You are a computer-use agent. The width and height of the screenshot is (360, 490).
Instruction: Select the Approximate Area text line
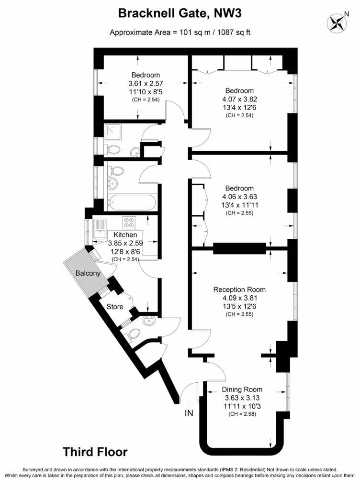[x=180, y=33]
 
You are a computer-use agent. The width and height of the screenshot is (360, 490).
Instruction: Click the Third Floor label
[x=95, y=452]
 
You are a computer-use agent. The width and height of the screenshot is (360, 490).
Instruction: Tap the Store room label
[x=115, y=306]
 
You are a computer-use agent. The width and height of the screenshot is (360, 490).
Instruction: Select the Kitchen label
[x=125, y=235]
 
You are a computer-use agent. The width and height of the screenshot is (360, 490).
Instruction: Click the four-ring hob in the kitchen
[x=129, y=222]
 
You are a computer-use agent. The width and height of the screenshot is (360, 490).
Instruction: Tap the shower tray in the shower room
[x=114, y=130]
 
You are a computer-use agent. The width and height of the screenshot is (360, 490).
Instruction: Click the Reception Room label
[x=239, y=290]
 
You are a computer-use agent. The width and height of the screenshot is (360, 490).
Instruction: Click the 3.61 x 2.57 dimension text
[x=146, y=83]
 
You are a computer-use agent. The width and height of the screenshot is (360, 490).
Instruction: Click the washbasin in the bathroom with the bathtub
[x=114, y=182]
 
